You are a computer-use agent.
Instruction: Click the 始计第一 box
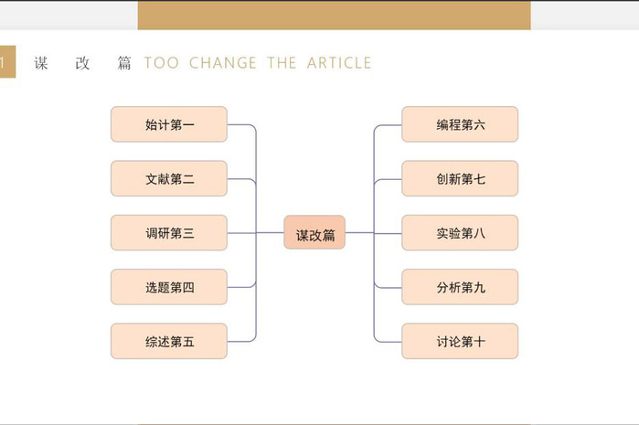click(169, 124)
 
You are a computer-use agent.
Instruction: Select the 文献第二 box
click(169, 178)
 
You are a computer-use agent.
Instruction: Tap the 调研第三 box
click(169, 233)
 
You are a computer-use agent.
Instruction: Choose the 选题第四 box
click(169, 287)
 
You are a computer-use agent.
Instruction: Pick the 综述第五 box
click(169, 341)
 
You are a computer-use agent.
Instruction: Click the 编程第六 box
click(460, 124)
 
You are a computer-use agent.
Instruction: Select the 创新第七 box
click(460, 178)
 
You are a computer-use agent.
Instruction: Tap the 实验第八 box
click(460, 233)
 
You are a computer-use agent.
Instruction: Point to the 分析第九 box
click(460, 287)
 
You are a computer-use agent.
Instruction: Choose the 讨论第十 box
click(460, 341)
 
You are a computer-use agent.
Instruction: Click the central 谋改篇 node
click(314, 233)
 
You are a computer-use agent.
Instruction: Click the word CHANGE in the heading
click(223, 63)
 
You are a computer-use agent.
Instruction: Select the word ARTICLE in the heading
click(339, 63)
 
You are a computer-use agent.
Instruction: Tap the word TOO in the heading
click(162, 63)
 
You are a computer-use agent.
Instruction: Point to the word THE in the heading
click(282, 63)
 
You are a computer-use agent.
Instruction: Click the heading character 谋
click(41, 63)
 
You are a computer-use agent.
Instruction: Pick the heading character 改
click(82, 63)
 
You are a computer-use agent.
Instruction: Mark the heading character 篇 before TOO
click(124, 63)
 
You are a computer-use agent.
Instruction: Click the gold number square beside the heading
click(7, 61)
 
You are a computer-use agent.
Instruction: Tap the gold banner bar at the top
click(335, 15)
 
